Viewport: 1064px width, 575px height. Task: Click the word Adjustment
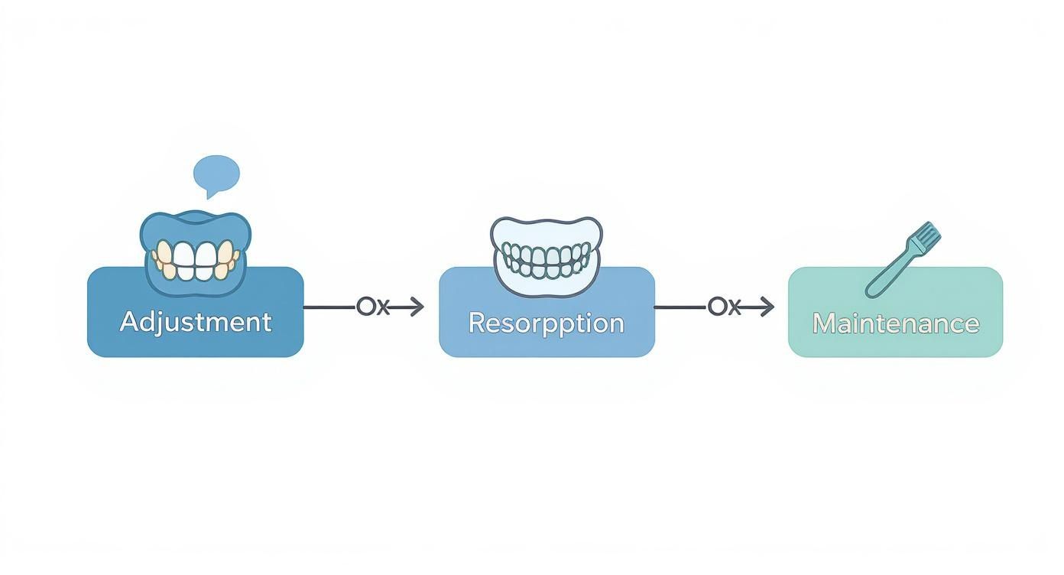(196, 322)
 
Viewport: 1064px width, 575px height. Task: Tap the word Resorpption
(546, 323)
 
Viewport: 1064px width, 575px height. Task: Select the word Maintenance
(895, 323)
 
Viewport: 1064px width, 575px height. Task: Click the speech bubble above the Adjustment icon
(216, 174)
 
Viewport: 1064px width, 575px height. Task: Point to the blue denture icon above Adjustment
(196, 251)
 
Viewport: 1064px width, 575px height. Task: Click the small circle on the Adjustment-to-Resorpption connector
(365, 307)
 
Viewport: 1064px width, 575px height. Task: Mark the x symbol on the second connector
(733, 308)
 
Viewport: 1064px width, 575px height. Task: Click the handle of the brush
(887, 275)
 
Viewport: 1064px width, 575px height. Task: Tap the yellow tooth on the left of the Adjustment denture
(163, 257)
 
